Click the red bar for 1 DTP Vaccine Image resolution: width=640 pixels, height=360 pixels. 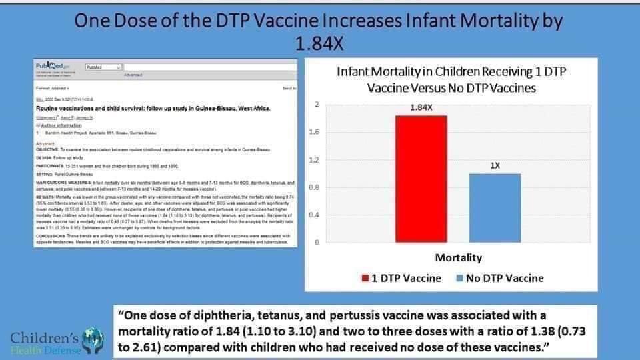pos(421,179)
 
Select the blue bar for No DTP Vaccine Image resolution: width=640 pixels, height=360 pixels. pos(494,207)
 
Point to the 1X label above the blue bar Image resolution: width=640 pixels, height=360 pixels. pos(494,165)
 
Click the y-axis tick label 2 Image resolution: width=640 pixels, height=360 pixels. pos(317,105)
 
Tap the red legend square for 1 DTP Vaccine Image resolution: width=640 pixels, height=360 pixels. pos(365,278)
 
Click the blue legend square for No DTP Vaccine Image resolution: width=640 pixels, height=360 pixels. pos(459,278)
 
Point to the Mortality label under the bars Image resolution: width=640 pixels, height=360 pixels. pos(459,257)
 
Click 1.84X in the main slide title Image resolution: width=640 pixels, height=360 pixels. pos(319,44)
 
